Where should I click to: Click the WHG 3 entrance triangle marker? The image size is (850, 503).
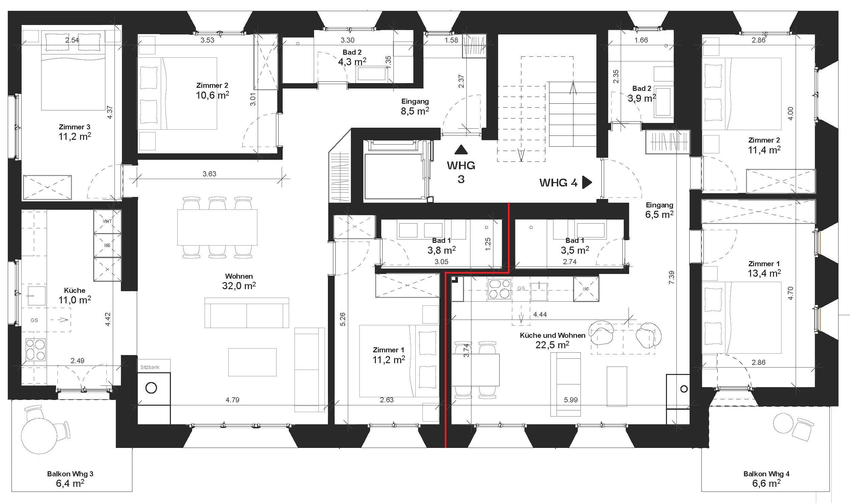(461, 149)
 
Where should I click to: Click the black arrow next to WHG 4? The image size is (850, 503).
(587, 182)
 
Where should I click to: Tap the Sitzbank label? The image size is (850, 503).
(150, 367)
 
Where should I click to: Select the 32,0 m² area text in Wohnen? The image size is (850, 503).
(239, 285)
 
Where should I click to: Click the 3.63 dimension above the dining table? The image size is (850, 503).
(209, 174)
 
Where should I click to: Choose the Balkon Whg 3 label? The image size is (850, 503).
(70, 474)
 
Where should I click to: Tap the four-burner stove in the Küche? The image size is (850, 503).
(36, 350)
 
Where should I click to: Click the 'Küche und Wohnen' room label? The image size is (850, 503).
(552, 335)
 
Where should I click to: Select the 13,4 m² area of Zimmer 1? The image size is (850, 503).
(764, 273)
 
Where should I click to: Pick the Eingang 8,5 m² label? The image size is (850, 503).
(415, 106)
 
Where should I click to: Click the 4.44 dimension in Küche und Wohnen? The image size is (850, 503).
(540, 315)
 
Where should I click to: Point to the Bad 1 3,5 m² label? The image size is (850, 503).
(575, 245)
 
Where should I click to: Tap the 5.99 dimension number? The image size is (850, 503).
(571, 400)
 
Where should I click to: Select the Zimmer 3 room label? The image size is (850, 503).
(75, 127)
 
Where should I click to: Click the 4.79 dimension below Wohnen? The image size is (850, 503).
(232, 400)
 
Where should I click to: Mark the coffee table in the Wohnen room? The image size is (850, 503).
(252, 362)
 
